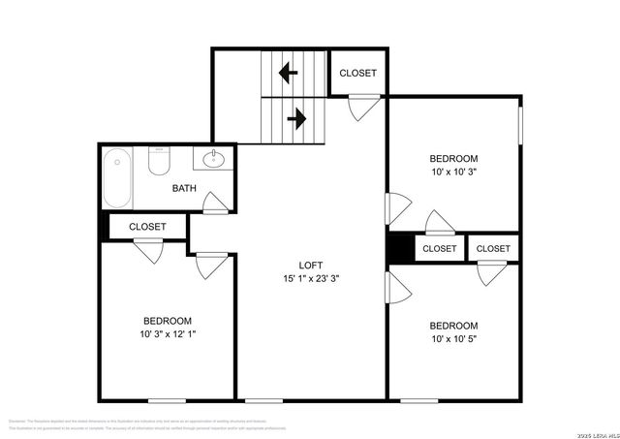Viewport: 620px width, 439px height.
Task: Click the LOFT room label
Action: point(310,266)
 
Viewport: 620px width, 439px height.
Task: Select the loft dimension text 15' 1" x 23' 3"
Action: point(310,278)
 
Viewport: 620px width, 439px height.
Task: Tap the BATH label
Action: point(186,188)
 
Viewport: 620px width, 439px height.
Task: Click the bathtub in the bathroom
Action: point(116,178)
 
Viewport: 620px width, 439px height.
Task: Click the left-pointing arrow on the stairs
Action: point(288,72)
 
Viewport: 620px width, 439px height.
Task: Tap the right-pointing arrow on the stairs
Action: point(296,119)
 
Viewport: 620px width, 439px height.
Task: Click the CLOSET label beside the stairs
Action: point(357,74)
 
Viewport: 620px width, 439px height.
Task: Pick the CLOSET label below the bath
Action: point(147,227)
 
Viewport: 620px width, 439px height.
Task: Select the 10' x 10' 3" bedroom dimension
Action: point(453,172)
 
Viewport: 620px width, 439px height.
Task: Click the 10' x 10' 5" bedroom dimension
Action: point(453,338)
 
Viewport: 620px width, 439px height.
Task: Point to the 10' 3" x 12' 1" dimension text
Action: point(168,334)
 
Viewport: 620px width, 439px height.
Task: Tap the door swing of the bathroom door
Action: point(215,202)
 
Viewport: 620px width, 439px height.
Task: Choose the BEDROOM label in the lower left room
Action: point(168,321)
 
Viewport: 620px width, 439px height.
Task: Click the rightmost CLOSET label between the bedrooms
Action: point(493,249)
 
